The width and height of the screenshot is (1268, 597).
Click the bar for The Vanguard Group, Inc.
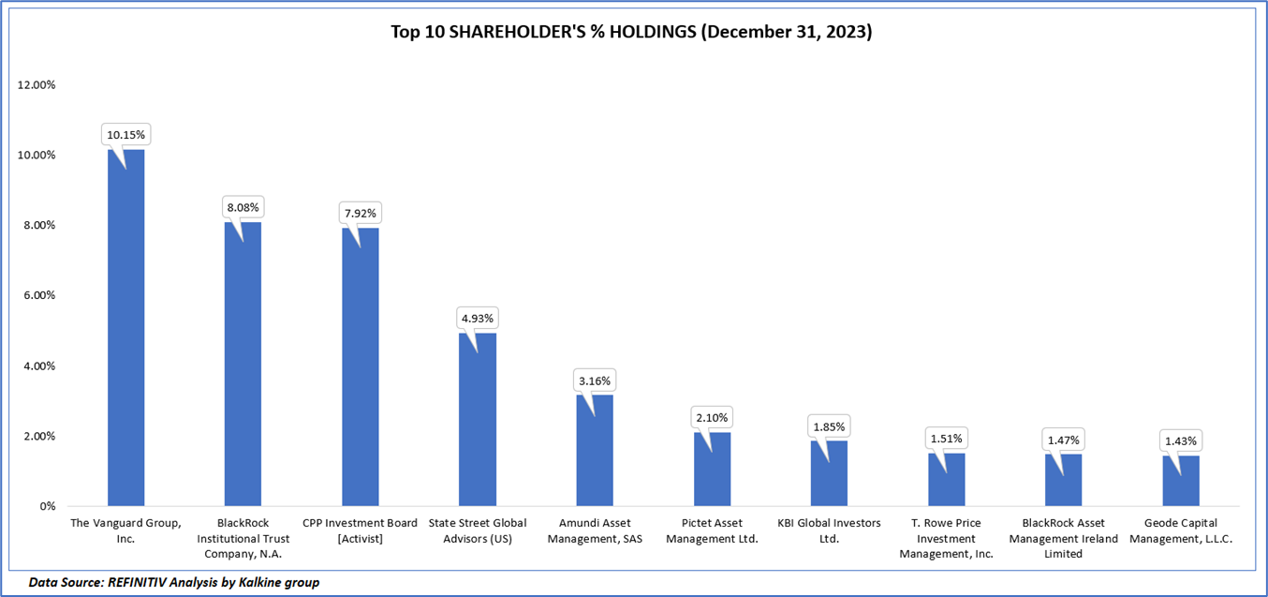(x=126, y=328)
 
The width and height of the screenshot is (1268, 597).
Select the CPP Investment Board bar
(x=361, y=366)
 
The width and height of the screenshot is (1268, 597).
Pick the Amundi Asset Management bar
(x=595, y=450)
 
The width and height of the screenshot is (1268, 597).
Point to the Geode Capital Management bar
(x=1181, y=481)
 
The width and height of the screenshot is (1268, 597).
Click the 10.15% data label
(x=126, y=135)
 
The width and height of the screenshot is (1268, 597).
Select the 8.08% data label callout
(x=243, y=207)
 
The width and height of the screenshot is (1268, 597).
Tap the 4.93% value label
(x=478, y=318)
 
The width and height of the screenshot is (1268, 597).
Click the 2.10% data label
(x=712, y=417)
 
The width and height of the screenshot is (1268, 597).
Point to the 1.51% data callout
(x=946, y=438)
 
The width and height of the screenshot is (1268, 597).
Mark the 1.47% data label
(x=1064, y=440)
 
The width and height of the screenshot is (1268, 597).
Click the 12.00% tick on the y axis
(x=37, y=84)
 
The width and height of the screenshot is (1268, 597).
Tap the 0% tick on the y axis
(x=46, y=506)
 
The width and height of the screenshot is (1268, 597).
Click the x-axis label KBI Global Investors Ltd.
(x=829, y=530)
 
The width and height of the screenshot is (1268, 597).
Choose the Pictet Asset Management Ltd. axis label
(x=712, y=530)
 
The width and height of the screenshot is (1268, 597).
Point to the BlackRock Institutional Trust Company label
(x=243, y=538)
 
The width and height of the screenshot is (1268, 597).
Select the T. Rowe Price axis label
(x=946, y=538)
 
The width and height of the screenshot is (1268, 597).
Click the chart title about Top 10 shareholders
(x=632, y=32)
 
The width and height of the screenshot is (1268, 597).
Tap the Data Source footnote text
(x=174, y=582)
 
